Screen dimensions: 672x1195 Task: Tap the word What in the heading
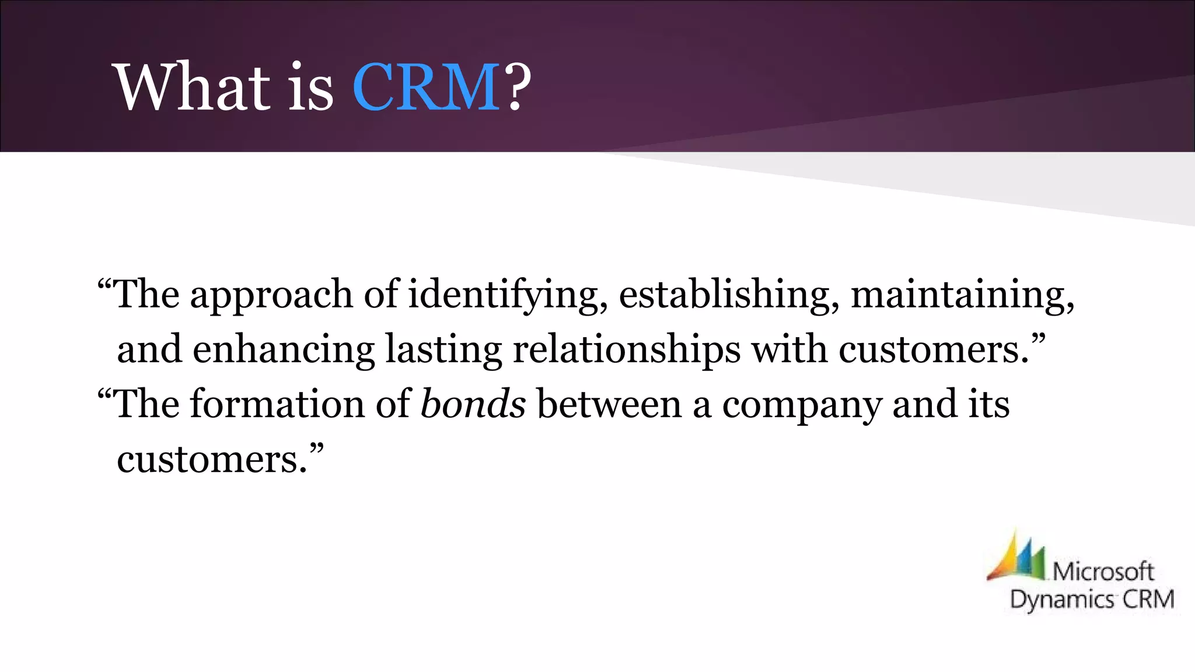click(193, 87)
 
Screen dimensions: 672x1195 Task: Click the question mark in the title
click(517, 87)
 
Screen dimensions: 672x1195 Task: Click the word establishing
click(724, 294)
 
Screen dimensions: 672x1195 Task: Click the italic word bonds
click(473, 404)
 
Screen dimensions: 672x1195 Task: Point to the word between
click(609, 404)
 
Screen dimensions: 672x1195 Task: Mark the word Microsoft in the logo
click(1103, 572)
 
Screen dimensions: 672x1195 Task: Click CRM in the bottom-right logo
click(1149, 599)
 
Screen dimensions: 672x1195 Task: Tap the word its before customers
click(989, 404)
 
